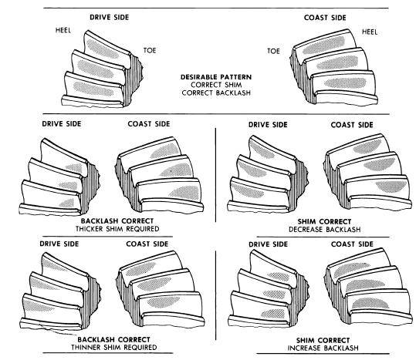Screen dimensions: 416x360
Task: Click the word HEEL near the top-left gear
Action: point(63,30)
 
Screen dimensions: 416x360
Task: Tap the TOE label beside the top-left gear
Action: point(150,50)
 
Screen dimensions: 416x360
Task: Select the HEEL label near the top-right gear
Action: point(370,32)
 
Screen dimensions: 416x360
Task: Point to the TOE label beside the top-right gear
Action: point(273,51)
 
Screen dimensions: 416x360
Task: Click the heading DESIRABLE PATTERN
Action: point(216,77)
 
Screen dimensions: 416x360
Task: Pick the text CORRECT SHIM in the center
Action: point(216,85)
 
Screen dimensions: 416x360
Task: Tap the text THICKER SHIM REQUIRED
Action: point(117,229)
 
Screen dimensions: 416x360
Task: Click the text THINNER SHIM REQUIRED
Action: point(113,348)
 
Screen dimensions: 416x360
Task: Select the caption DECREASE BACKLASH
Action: point(324,230)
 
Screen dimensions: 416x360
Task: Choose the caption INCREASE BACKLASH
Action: point(323,348)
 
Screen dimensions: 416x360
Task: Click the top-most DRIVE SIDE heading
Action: point(110,18)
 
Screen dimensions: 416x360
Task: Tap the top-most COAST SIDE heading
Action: point(325,18)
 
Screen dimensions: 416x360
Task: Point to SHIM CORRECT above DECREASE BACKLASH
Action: point(324,221)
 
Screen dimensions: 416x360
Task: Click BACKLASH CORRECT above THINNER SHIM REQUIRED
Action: point(113,339)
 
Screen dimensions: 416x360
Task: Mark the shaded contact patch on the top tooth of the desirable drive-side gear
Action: point(103,49)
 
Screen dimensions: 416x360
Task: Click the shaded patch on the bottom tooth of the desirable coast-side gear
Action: point(345,83)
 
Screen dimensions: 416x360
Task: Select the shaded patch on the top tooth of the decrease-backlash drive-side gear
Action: point(262,149)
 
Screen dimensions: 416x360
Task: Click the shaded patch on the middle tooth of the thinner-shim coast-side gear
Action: point(154,284)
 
